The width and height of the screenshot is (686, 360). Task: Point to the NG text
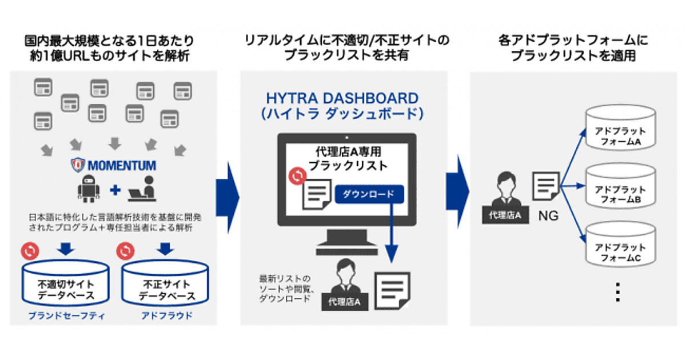548,217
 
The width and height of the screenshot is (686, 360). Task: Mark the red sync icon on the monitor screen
297,176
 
